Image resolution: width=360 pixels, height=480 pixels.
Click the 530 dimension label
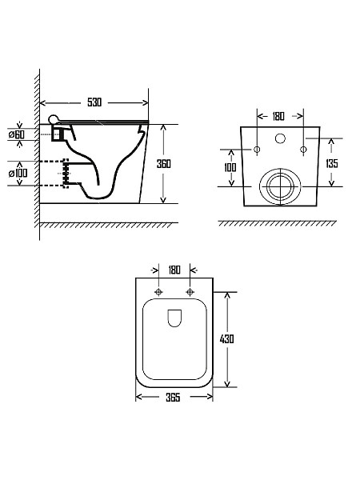(94, 102)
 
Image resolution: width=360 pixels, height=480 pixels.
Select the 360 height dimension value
(164, 164)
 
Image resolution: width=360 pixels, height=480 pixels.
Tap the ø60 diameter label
(17, 134)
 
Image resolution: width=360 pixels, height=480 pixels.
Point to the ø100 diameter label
(18, 174)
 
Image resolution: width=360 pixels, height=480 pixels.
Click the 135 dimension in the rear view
(332, 163)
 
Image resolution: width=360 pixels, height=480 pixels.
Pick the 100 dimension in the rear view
(230, 167)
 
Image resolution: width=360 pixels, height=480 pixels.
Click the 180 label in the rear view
(278, 116)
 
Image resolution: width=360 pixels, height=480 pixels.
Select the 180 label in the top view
(174, 270)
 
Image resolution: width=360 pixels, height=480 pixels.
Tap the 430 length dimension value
(227, 339)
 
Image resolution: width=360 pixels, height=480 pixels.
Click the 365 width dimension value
(173, 398)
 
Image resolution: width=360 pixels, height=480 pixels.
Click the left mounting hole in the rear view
(257, 150)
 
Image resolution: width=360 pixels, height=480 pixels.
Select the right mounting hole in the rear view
(303, 150)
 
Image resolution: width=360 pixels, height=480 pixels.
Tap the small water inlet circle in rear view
(280, 138)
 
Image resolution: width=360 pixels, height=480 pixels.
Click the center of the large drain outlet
(280, 186)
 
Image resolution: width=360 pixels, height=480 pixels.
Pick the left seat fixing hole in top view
(159, 292)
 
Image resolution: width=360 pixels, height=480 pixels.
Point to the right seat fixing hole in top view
(190, 292)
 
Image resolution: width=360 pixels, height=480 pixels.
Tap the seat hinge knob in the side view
(54, 119)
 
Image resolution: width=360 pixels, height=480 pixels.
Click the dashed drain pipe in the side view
(54, 174)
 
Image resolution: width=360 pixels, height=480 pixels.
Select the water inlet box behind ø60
(58, 134)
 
